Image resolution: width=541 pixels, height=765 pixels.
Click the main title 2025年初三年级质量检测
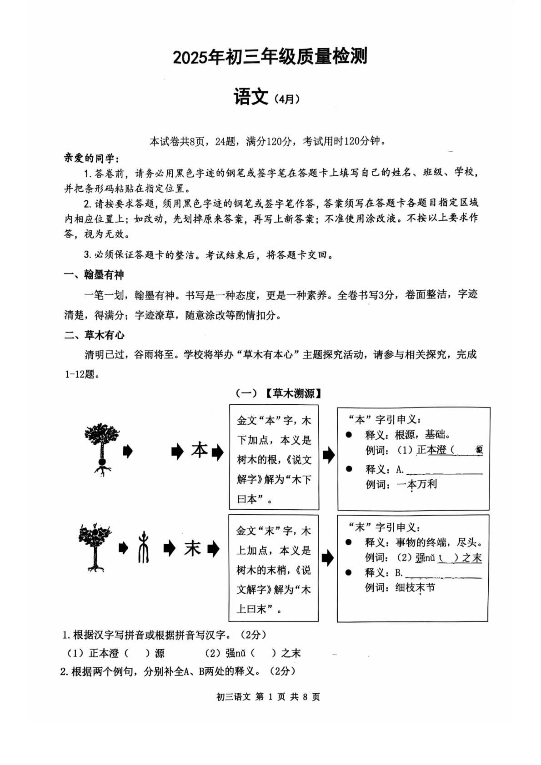(270, 57)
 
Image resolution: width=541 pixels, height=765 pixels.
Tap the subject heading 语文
(250, 97)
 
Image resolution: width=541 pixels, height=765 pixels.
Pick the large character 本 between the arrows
(199, 450)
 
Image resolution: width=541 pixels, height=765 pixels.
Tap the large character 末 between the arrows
(192, 548)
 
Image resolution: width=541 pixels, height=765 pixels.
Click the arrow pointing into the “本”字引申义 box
(328, 455)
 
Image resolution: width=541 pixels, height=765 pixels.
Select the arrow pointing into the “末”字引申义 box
(327, 558)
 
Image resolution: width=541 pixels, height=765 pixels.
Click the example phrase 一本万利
(416, 484)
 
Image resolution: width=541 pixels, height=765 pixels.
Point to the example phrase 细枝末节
(415, 587)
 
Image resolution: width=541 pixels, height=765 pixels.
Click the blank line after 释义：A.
(444, 472)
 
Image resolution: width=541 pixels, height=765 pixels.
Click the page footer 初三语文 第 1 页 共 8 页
(269, 696)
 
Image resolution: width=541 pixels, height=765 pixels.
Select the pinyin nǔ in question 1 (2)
(240, 653)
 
